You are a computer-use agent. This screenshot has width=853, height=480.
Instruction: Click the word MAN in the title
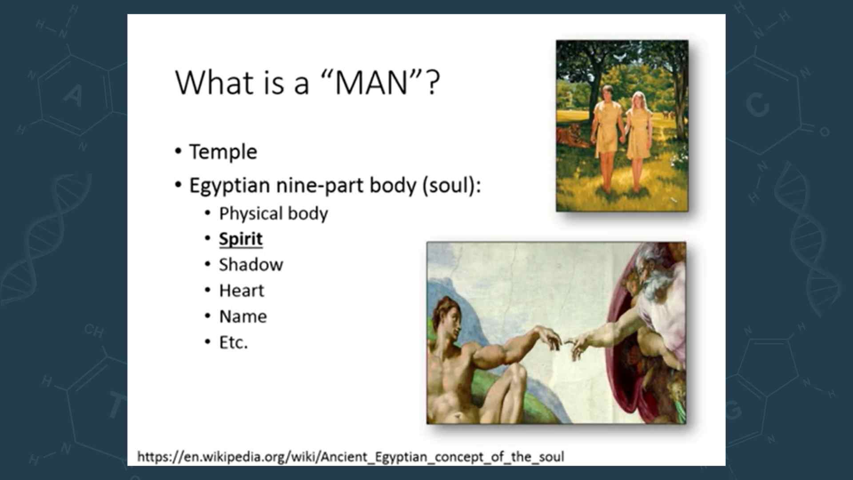click(x=371, y=83)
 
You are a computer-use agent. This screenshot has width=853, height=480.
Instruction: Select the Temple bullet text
click(x=223, y=152)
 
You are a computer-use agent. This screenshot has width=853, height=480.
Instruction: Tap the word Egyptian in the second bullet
click(x=230, y=186)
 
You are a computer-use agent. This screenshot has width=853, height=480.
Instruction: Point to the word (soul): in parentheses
click(x=451, y=185)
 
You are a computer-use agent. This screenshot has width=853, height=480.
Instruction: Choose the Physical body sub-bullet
click(x=274, y=214)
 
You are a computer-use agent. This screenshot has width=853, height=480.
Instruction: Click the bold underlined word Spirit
click(x=241, y=239)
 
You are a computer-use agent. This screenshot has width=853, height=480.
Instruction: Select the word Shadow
click(x=251, y=265)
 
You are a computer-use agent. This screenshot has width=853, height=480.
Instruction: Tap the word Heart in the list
click(x=242, y=291)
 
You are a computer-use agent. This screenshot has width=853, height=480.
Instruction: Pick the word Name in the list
click(x=243, y=316)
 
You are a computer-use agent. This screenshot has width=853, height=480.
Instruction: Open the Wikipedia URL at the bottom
click(x=351, y=457)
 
